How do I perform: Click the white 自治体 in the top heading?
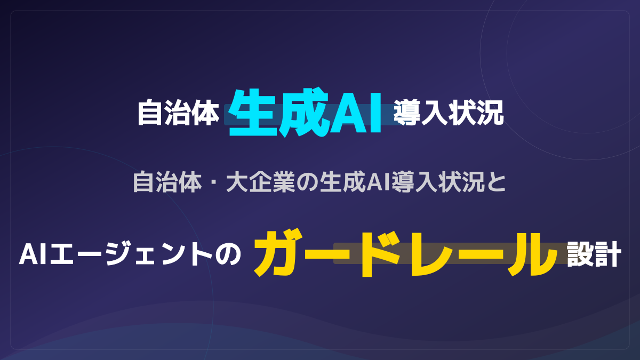tap(178, 113)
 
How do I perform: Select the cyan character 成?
tap(303, 113)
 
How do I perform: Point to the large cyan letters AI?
tap(355, 113)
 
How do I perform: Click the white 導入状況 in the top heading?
tap(449, 113)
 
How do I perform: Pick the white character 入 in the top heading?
tap(435, 113)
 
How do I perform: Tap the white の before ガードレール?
tap(228, 254)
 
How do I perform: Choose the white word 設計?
tap(594, 254)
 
